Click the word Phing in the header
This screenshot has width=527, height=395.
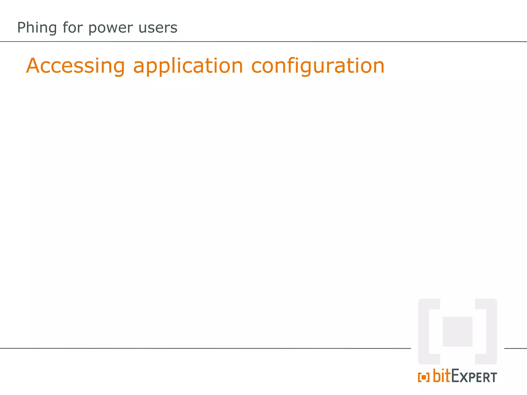click(37, 28)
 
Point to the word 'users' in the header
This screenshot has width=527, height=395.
click(158, 28)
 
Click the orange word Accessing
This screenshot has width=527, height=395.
click(75, 66)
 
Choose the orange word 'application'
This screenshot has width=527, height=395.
click(188, 66)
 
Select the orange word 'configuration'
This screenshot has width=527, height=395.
click(318, 66)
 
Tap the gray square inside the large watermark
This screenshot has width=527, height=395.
click(458, 331)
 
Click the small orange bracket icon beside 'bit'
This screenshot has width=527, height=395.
click(424, 377)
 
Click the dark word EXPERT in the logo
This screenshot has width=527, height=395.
click(474, 376)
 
